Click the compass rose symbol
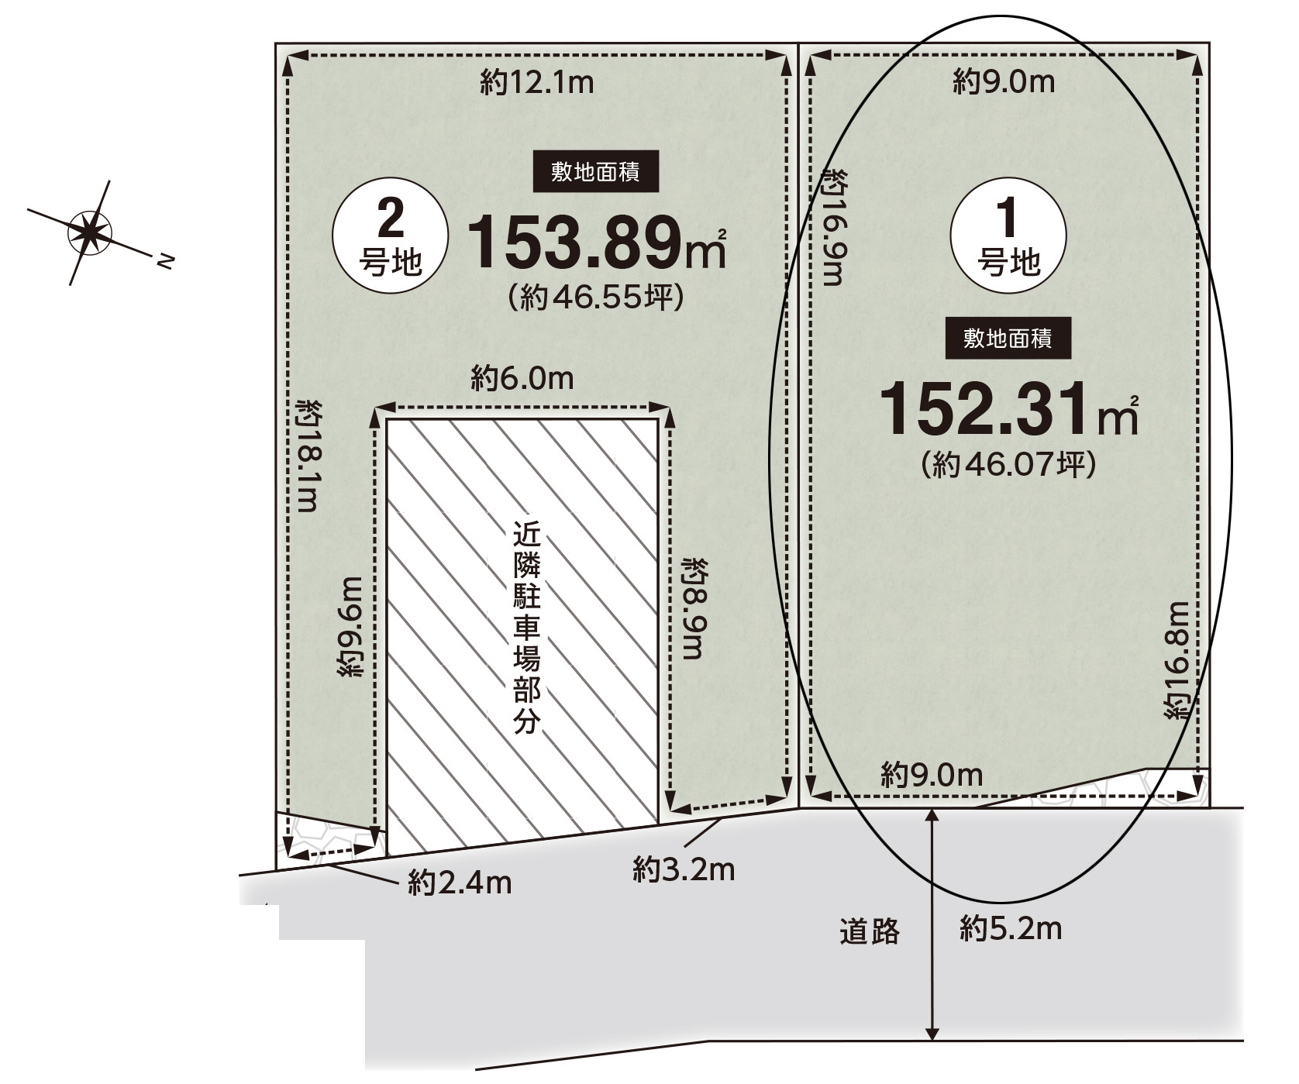91,232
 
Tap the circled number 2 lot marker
390,236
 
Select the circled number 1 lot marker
1008,235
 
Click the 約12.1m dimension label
537,82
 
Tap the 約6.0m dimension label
522,378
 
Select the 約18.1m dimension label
308,456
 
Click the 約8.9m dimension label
693,607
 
